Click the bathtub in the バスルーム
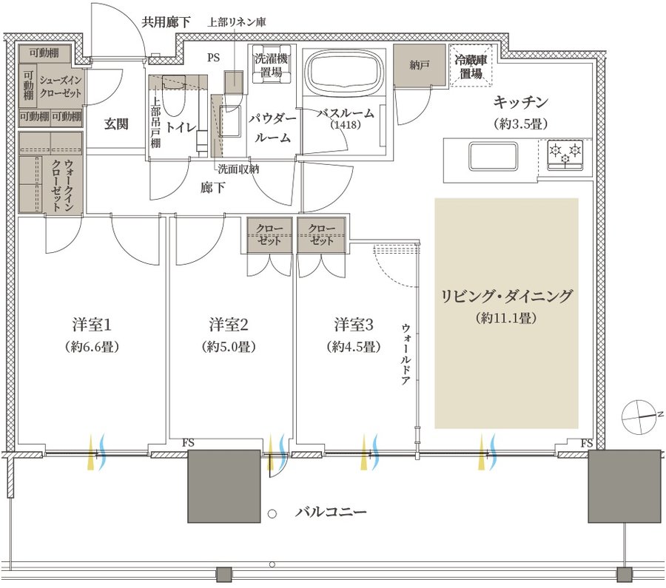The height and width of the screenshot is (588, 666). point(345,72)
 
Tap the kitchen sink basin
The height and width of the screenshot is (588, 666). point(493,155)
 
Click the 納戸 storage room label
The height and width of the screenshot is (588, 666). point(420,64)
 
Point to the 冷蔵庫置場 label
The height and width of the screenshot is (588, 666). point(471,67)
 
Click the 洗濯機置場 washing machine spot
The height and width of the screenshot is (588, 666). point(272,64)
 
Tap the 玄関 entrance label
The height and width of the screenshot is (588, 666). point(116,124)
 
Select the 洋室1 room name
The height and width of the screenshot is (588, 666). point(92,325)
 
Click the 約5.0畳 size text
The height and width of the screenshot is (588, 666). point(229,347)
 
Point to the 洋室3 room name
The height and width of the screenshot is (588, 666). point(354,325)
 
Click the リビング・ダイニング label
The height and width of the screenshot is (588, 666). point(506,296)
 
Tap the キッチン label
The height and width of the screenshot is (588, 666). point(520,102)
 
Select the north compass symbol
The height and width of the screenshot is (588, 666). point(639,417)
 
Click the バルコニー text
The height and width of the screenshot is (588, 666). point(331,512)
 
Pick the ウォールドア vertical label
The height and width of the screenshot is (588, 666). point(406,354)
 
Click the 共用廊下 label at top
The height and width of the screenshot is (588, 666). point(166,22)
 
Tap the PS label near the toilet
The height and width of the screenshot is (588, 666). point(214,57)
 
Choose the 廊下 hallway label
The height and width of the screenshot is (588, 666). point(213,187)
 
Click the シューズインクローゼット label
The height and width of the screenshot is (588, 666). point(61,87)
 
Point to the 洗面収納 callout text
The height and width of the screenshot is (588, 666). point(238,169)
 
